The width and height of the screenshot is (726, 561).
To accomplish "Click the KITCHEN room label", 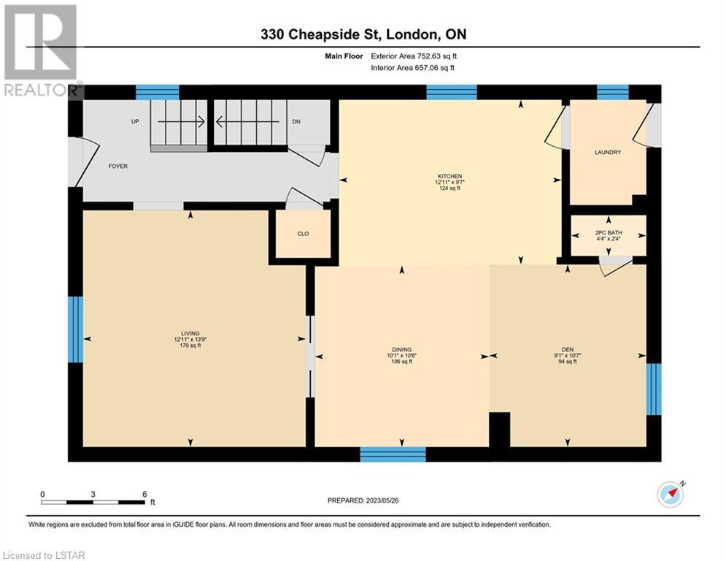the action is [449, 176].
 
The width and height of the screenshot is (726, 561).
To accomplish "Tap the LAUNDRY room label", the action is [608, 152].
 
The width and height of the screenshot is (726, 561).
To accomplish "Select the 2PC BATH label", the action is [609, 233].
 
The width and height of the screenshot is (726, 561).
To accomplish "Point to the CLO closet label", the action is [303, 234].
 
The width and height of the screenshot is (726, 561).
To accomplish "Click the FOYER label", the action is [118, 166].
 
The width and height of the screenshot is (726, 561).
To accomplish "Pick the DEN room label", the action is [568, 350].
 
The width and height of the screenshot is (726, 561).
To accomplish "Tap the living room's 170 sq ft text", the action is [190, 346].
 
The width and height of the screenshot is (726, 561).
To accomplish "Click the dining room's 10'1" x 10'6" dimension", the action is [402, 356].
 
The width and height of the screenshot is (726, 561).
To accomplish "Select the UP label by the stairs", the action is [135, 121].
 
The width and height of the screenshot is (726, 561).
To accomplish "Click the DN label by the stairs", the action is [296, 121].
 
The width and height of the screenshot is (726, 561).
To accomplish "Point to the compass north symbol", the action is [671, 493].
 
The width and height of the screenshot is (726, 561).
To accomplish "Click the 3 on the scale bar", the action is [93, 495].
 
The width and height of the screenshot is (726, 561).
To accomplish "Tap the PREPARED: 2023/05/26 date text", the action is [363, 500].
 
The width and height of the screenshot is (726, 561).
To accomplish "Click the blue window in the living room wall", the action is [75, 329].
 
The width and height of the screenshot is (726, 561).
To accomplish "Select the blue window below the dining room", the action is [393, 454].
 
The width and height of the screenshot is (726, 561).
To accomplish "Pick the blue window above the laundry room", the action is [613, 92].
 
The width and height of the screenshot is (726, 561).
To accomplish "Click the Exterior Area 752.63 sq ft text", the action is [414, 56].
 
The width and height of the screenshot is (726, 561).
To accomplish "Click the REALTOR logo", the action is [42, 51].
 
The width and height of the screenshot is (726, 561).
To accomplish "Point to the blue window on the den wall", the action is [654, 389].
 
